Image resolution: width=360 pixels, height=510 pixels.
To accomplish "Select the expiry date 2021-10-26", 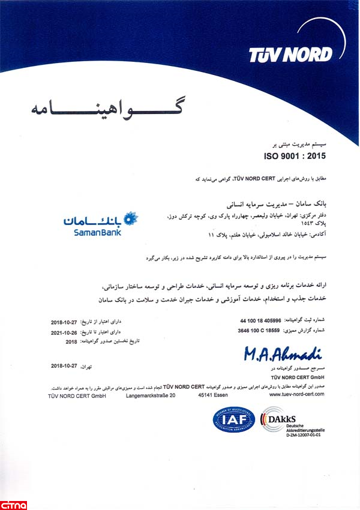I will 65,332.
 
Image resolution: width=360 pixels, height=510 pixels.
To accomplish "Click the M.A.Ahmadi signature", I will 283,354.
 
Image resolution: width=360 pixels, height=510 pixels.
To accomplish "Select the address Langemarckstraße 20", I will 151,395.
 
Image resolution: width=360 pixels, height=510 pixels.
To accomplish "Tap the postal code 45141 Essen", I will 218,395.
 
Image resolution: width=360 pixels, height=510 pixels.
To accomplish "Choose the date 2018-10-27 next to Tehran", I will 65,365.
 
